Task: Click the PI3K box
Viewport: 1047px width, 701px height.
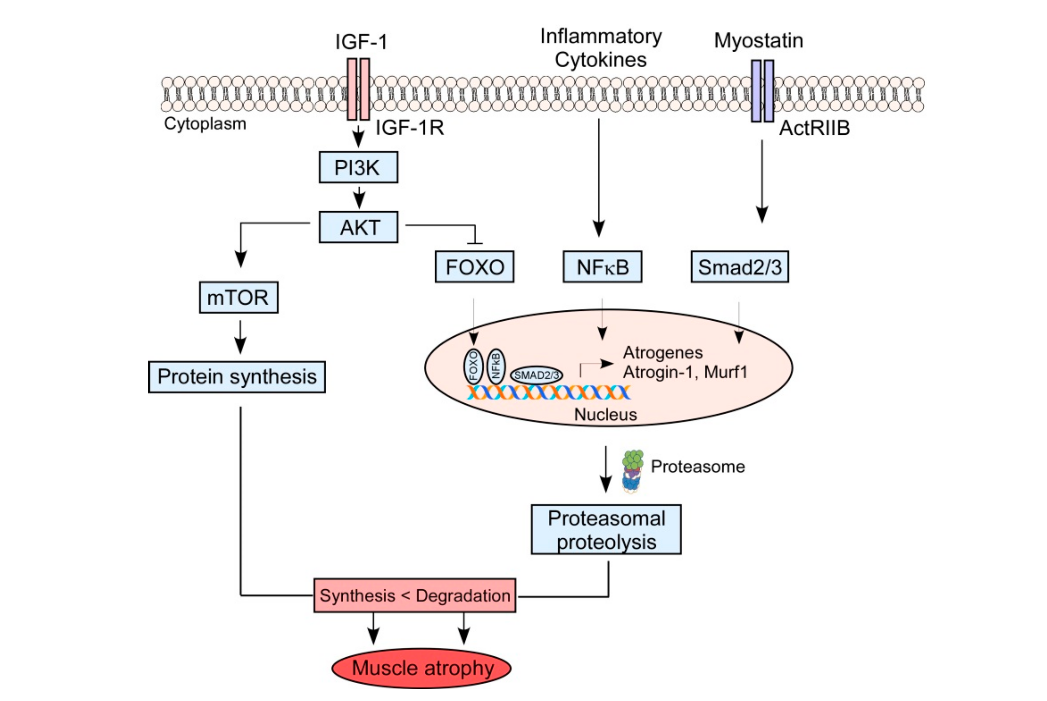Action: [358, 167]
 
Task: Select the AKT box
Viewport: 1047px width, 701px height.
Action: [358, 227]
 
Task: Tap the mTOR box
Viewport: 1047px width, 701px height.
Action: [239, 297]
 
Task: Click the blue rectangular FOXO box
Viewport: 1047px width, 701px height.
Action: [474, 267]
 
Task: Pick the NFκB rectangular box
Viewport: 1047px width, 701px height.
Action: [602, 267]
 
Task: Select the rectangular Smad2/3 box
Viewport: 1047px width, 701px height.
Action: [740, 267]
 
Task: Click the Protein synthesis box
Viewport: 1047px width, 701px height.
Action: [237, 377]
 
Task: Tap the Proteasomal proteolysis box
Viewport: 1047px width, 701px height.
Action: [606, 530]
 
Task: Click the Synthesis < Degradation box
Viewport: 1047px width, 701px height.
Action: [415, 596]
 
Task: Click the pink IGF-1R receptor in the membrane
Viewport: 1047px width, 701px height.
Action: [358, 89]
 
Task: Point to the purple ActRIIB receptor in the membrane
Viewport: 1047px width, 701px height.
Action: [762, 91]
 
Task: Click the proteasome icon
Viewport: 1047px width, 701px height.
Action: [632, 472]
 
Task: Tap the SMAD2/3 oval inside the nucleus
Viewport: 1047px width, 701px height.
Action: [536, 375]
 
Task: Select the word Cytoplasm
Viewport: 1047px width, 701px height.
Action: [205, 124]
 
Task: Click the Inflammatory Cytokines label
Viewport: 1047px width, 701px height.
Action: [600, 48]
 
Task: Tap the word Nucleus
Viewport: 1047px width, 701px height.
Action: [605, 415]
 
